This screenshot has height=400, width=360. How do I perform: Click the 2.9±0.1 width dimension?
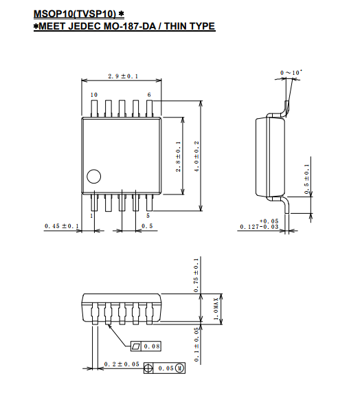[123, 76]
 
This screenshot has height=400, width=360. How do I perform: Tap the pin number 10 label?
[94, 95]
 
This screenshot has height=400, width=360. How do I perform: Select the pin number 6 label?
[149, 95]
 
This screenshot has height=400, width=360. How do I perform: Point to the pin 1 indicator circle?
[94, 176]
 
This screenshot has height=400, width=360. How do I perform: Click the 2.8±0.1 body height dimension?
[178, 157]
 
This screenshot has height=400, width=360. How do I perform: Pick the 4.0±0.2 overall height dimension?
[196, 157]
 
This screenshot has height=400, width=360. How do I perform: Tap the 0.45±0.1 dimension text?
[62, 226]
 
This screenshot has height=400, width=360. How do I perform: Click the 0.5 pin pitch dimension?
[147, 226]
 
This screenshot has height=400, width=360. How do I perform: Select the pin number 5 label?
[148, 216]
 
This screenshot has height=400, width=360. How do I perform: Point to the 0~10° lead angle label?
[291, 72]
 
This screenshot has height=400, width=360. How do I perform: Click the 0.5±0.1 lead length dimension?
[306, 179]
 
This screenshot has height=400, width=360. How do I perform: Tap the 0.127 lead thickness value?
[249, 227]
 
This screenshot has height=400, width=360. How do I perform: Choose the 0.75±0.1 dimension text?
[196, 275]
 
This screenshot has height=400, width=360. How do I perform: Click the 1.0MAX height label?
[216, 309]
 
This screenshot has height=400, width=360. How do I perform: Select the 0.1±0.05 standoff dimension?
[196, 344]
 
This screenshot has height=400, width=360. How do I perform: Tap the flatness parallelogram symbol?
[136, 346]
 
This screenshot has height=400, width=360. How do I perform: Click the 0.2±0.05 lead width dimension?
[122, 364]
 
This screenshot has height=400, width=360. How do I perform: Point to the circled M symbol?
[180, 368]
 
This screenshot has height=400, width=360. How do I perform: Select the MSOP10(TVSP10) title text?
[75, 14]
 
